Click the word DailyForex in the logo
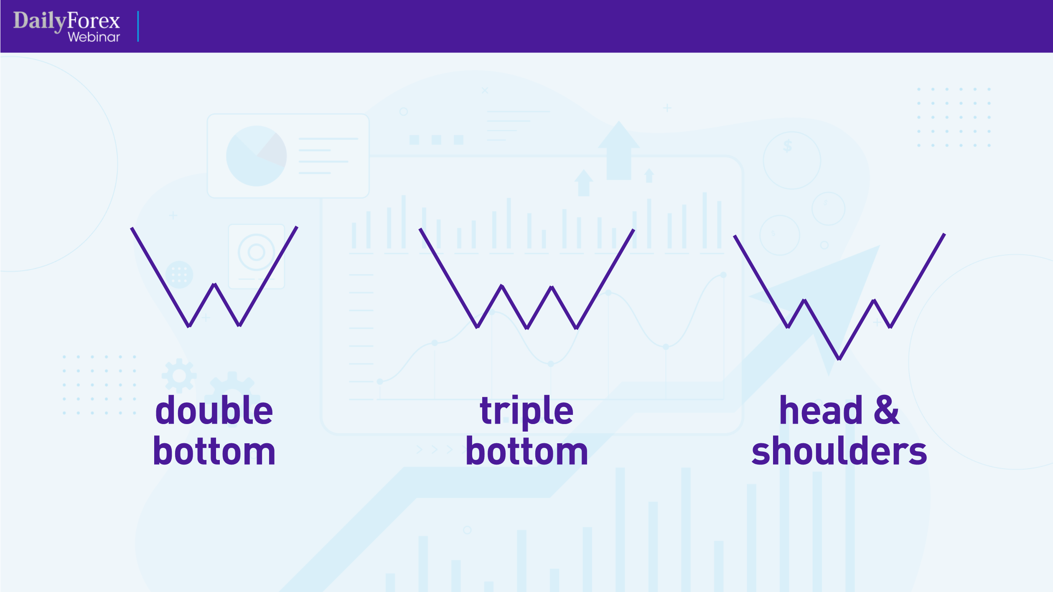(x=66, y=21)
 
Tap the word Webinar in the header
(x=94, y=37)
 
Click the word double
(x=214, y=410)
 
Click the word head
(x=821, y=410)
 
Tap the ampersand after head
(x=887, y=411)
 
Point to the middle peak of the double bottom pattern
(x=214, y=285)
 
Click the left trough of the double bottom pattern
(x=189, y=325)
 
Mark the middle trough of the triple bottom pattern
(x=527, y=328)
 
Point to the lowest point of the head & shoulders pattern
(x=839, y=358)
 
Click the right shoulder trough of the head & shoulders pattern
(x=890, y=327)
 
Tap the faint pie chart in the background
(x=256, y=156)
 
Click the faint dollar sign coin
(x=792, y=160)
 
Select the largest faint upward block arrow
(x=619, y=150)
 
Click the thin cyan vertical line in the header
(x=138, y=26)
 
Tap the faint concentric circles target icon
(x=256, y=252)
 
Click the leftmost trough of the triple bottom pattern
(x=477, y=327)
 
